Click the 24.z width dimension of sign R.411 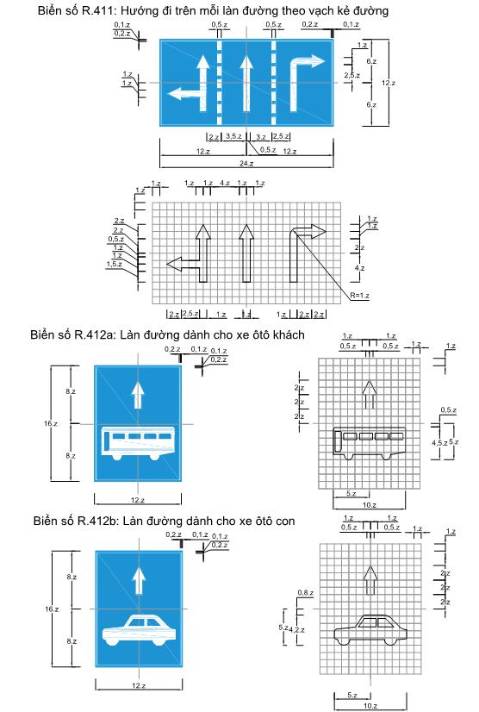click(246, 164)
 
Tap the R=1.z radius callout click(359, 296)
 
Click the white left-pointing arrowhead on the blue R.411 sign click(175, 95)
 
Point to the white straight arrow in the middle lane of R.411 click(246, 83)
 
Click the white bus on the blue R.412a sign click(138, 444)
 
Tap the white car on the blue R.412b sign click(140, 630)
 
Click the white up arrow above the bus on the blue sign click(138, 395)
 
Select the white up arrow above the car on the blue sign click(139, 581)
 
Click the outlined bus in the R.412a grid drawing click(369, 443)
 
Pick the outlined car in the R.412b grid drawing click(370, 630)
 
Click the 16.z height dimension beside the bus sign click(51, 423)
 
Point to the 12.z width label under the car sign click(139, 685)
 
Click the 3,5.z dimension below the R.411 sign click(233, 136)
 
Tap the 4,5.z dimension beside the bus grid click(439, 443)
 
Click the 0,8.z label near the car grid click(306, 592)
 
